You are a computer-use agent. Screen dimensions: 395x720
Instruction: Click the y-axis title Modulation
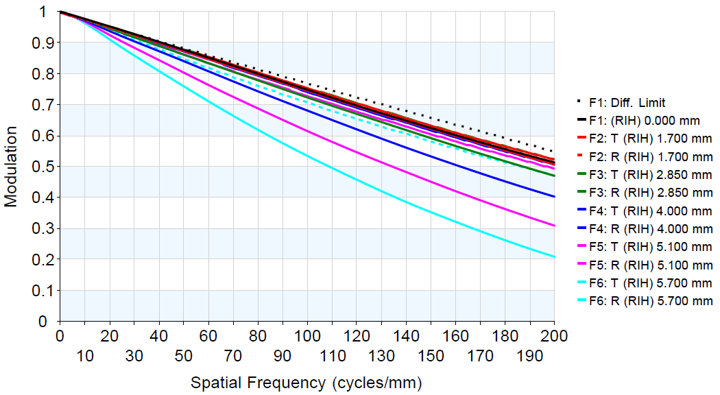[11, 166]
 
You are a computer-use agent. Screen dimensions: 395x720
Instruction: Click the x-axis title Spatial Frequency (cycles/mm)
[306, 383]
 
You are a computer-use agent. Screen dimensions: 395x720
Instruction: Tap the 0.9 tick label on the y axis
[43, 43]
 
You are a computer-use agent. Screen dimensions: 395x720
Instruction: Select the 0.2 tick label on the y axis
[43, 259]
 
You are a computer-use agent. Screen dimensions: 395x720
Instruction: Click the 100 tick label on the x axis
[307, 336]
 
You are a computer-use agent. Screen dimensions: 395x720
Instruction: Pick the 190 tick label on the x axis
[529, 357]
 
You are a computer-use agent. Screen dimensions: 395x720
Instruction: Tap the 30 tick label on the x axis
[134, 357]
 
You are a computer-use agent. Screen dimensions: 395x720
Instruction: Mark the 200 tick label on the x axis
[554, 336]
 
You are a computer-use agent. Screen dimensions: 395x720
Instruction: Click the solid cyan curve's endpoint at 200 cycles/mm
[554, 256]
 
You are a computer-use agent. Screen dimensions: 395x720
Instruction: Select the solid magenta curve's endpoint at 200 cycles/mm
[554, 225]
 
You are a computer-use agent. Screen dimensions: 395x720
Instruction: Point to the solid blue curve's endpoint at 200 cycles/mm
[554, 197]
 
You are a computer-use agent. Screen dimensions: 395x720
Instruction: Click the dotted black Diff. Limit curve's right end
[553, 151]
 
